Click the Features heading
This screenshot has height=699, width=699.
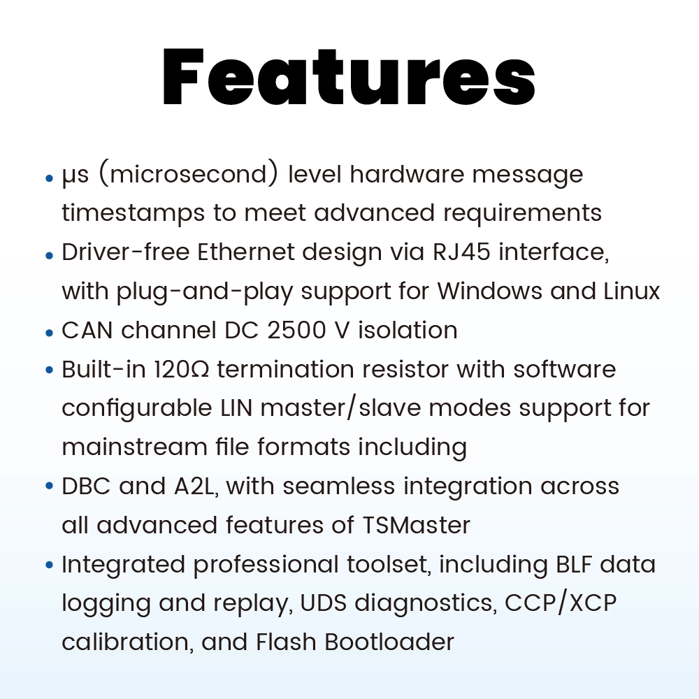[349, 78]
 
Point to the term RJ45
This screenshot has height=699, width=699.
[438, 252]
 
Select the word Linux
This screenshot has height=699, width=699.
[632, 291]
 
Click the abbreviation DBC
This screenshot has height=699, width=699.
[85, 486]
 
